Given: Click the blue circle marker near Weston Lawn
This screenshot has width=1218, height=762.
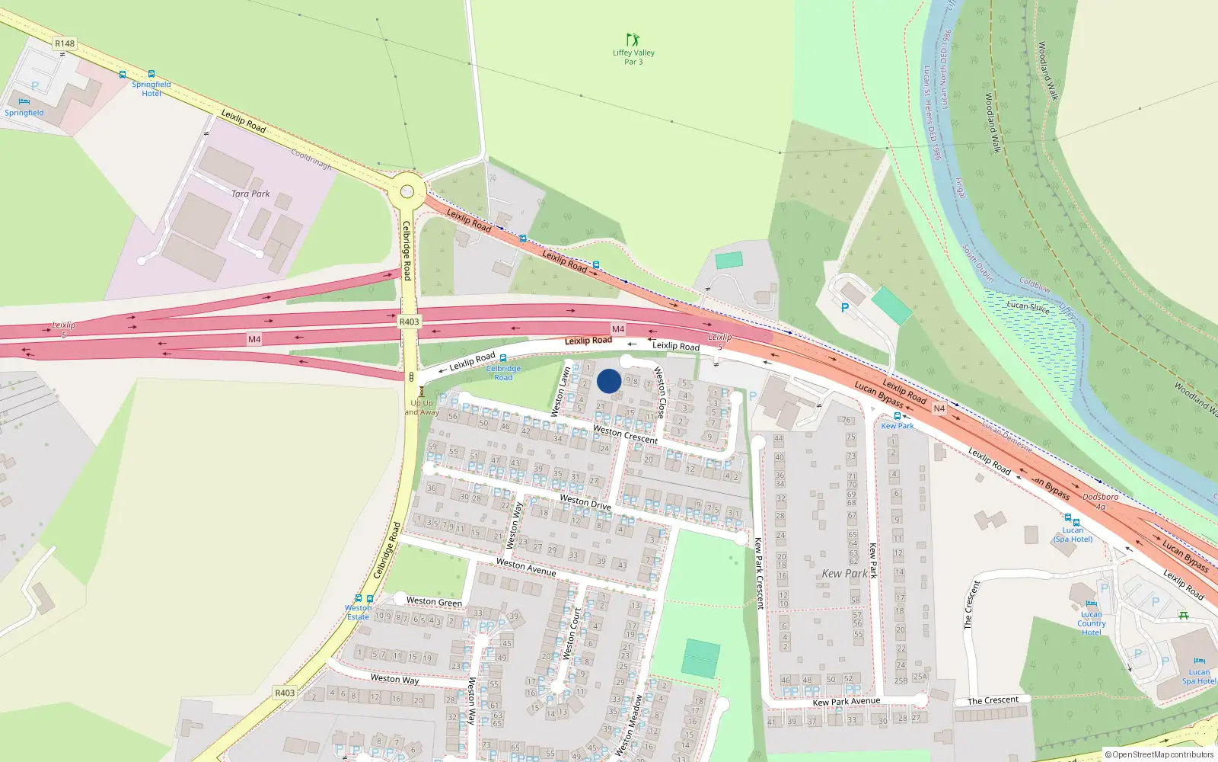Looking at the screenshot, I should click(x=609, y=381).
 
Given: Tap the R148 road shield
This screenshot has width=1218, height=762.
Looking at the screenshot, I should click(x=65, y=43).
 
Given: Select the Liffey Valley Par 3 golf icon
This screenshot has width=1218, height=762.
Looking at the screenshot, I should click(x=632, y=39).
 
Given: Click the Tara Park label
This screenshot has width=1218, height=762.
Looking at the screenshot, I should click(x=250, y=194).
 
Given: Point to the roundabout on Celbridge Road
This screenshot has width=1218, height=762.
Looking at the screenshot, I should click(x=407, y=190).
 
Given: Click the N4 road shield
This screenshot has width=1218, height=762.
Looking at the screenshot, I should click(x=939, y=408).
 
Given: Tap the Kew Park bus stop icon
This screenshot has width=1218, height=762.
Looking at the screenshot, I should click(x=898, y=416).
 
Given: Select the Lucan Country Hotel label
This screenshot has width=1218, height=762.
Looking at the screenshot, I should click(x=1091, y=623).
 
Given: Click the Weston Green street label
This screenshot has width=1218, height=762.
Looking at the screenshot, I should click(x=434, y=602).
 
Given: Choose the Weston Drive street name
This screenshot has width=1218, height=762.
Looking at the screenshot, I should click(x=585, y=501).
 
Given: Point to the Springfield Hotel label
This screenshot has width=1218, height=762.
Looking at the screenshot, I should click(x=151, y=89).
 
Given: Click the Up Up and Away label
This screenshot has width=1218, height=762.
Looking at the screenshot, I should click(x=422, y=408).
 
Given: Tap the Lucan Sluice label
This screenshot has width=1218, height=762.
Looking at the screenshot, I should click(x=1028, y=306).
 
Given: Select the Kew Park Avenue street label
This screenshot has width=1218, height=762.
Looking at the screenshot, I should click(x=846, y=701).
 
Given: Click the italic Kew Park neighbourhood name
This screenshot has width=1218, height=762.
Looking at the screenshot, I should click(x=844, y=573).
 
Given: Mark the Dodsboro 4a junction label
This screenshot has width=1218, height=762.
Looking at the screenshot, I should click(x=1101, y=501).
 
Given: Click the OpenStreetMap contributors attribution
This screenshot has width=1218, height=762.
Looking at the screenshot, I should click(x=1159, y=754).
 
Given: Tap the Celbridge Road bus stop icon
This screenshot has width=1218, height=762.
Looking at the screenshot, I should click(x=502, y=358).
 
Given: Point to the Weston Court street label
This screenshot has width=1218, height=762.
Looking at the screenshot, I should click(x=572, y=634).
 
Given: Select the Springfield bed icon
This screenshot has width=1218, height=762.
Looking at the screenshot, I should click(x=24, y=101).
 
